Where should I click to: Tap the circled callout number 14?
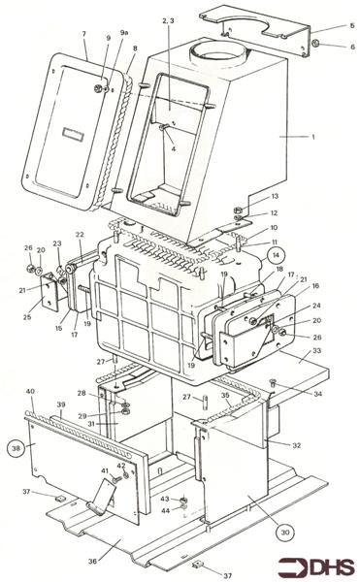[x=276, y=255]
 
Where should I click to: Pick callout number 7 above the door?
[x=84, y=34]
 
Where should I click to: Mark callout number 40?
[x=30, y=392]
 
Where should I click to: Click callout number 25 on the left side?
[x=25, y=317]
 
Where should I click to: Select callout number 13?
[x=275, y=196]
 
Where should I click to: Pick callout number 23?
[x=57, y=243]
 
